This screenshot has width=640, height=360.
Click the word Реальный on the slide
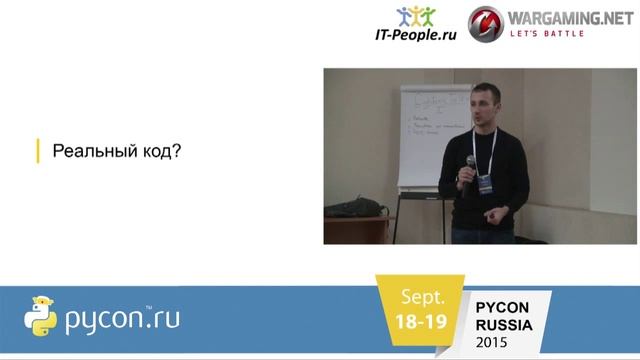[x=86, y=152]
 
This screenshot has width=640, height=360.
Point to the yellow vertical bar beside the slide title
[x=37, y=151]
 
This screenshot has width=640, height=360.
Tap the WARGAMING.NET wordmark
[x=566, y=17]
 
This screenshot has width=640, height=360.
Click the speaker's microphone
[x=469, y=166]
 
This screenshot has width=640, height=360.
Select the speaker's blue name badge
[x=484, y=184]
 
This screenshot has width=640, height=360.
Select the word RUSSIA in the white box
[x=504, y=325]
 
